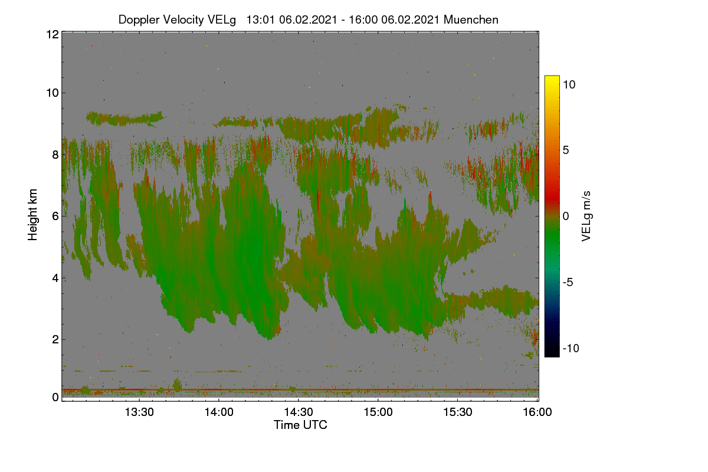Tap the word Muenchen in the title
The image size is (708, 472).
[x=471, y=20]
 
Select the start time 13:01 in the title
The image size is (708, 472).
[x=261, y=20]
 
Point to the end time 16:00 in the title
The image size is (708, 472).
[x=363, y=20]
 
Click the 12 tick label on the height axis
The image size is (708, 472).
[x=53, y=34]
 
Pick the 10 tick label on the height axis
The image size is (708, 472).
[x=53, y=93]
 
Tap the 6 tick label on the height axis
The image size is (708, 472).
[x=55, y=217]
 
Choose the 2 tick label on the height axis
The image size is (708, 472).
[x=55, y=339]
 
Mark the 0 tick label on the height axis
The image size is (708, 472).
[x=55, y=398]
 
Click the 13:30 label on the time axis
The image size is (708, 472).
[x=139, y=412]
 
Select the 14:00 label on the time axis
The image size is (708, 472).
[x=219, y=412]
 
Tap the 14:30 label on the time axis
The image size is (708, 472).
[x=299, y=412]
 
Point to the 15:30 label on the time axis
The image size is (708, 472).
[x=458, y=412]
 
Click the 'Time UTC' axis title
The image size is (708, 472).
[x=300, y=425]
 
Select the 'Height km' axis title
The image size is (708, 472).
[x=32, y=215]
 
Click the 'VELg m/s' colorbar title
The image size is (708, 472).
[x=586, y=217]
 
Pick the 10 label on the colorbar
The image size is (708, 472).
[x=569, y=85]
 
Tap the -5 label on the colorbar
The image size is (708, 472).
[x=568, y=282]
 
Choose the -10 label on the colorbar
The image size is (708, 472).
[x=571, y=348]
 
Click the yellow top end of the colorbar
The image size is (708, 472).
[x=552, y=77]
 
